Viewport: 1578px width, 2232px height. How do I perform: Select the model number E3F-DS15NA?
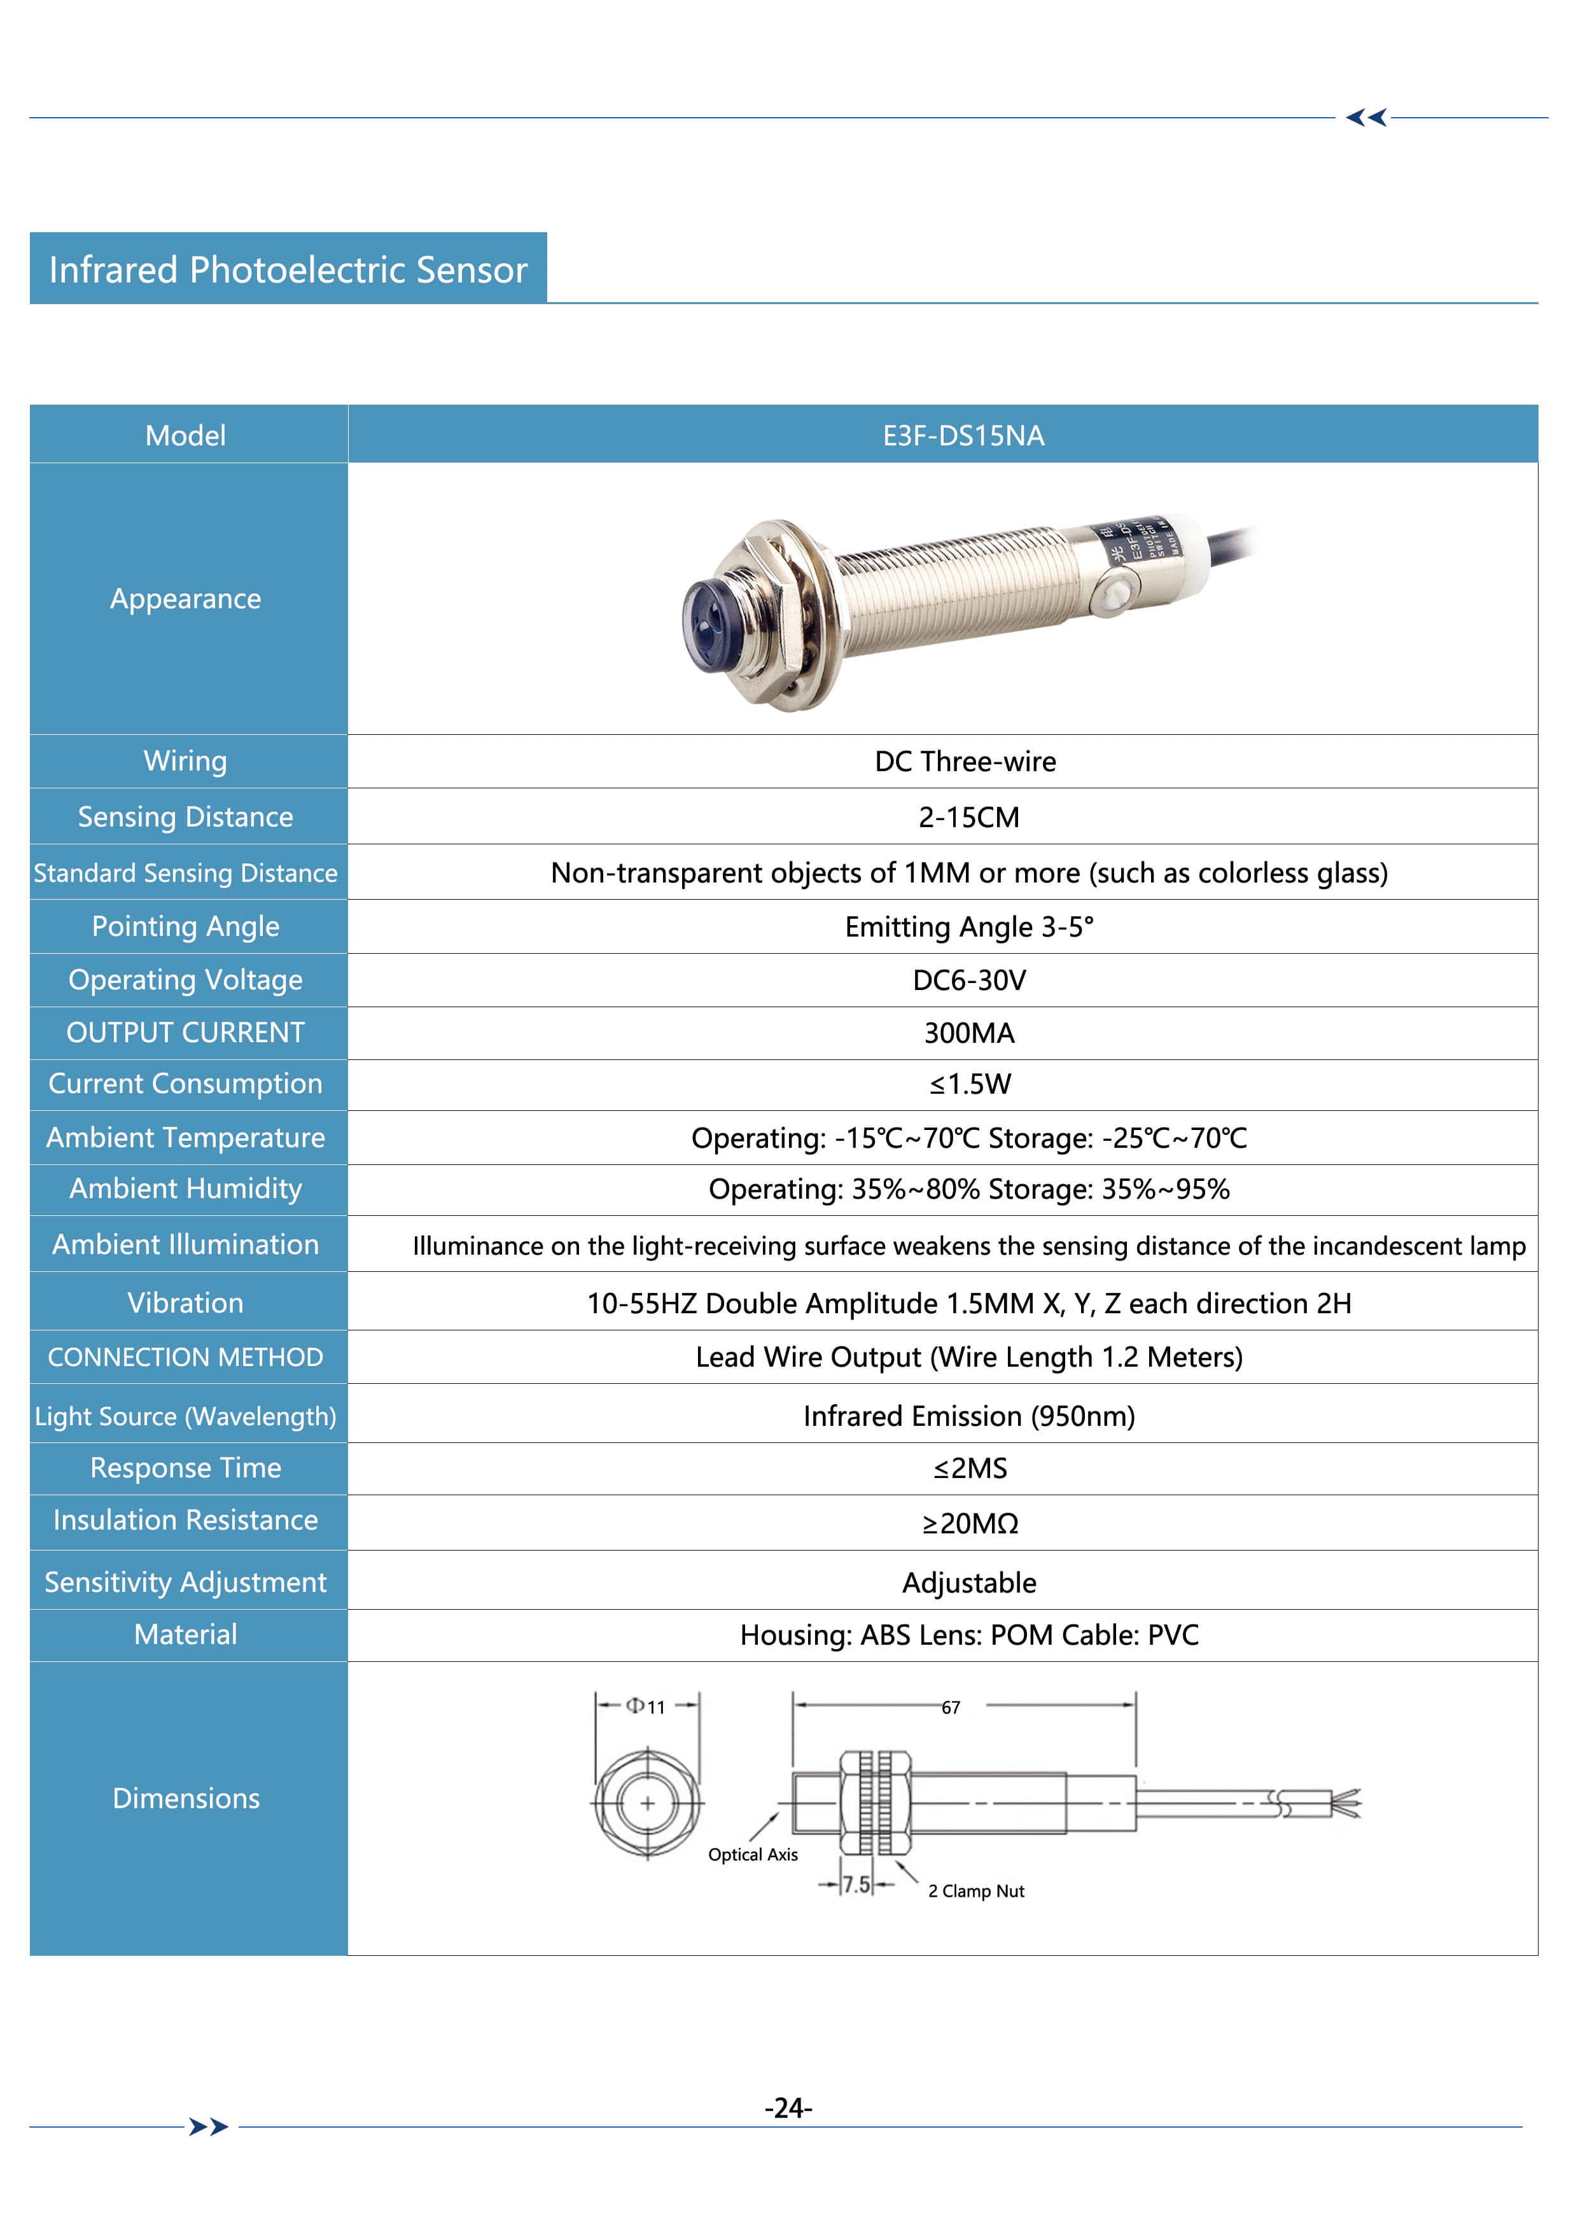click(x=963, y=435)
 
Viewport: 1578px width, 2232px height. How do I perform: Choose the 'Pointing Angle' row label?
click(x=186, y=926)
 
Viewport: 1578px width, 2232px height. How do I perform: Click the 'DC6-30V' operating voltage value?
click(x=968, y=980)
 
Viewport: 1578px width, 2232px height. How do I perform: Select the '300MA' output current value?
click(x=968, y=1033)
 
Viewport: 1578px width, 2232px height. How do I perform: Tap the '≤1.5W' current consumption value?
click(x=969, y=1084)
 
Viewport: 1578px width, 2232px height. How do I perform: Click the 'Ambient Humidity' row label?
click(x=186, y=1189)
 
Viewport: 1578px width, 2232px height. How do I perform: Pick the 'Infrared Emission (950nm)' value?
click(x=968, y=1416)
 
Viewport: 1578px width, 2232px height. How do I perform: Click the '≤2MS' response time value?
click(x=969, y=1468)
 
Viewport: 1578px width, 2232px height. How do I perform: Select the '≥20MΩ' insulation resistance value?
click(x=969, y=1523)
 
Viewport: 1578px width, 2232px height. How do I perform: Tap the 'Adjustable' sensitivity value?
click(x=968, y=1582)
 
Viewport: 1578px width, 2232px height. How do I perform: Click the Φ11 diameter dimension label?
click(x=646, y=1706)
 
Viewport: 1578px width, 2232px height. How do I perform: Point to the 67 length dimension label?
click(x=950, y=1707)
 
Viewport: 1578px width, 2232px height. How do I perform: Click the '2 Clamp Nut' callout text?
click(x=975, y=1891)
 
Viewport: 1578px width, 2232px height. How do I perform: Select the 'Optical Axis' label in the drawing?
click(x=753, y=1854)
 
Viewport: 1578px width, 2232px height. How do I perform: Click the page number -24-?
click(x=788, y=2109)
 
